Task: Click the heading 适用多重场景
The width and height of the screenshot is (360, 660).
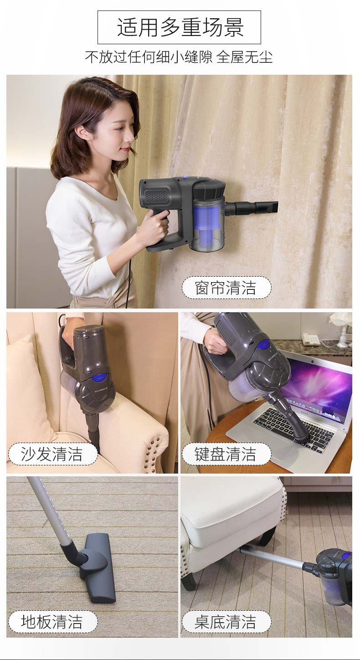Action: tap(180, 27)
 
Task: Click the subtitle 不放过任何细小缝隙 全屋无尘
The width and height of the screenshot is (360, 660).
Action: tap(179, 57)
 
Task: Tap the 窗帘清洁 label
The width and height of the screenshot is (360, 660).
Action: tap(226, 288)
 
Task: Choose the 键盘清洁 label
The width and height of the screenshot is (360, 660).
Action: tap(226, 454)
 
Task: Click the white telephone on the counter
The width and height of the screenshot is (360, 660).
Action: tap(310, 338)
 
